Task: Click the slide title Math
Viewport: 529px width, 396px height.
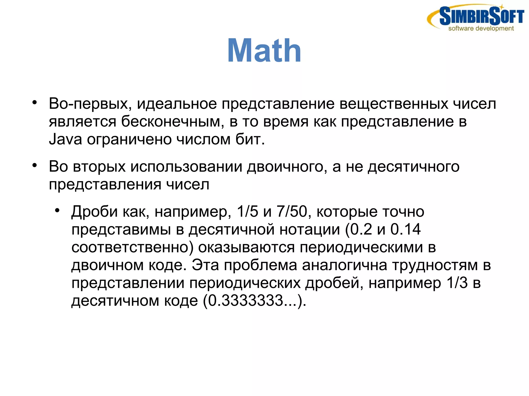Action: coord(264,51)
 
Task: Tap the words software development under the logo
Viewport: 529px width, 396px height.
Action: coord(481,28)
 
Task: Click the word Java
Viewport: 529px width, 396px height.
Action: coord(65,139)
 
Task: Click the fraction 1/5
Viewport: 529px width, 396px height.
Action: coord(247,211)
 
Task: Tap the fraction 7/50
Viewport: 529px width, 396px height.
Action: coord(292,211)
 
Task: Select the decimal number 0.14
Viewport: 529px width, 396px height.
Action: coord(405,229)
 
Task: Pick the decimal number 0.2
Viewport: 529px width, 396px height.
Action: coord(361,229)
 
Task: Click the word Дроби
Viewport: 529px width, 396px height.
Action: coord(94,211)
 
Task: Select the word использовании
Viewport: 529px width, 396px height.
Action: coord(186,166)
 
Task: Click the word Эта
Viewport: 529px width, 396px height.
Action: coord(205,265)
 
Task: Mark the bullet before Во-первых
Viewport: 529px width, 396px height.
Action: coord(35,102)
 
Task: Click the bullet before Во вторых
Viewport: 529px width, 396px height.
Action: coord(35,165)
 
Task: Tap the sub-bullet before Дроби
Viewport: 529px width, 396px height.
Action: coord(57,210)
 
